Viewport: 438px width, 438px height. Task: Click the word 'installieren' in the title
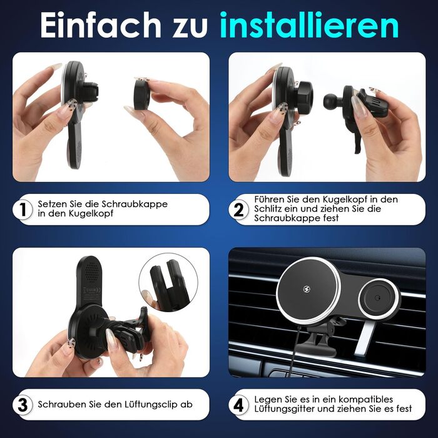pos(309,24)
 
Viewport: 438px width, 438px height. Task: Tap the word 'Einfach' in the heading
pos(101,24)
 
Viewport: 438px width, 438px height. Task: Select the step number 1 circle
pos(23,209)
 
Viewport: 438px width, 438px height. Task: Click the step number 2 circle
pos(238,209)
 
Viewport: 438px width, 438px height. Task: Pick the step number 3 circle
pos(23,404)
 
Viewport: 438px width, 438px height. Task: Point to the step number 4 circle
pos(238,404)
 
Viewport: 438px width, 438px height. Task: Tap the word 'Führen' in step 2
pos(269,200)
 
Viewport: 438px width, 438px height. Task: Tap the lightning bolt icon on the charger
pos(307,288)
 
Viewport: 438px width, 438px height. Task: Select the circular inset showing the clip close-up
pos(168,282)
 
